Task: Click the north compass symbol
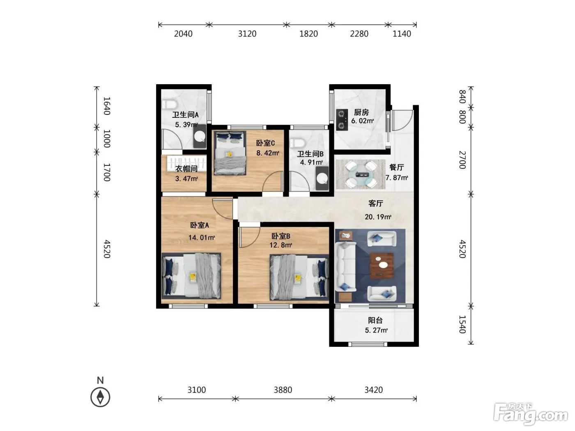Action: pos(100,397)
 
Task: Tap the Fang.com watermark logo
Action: pos(531,413)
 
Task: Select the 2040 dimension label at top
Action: pos(183,34)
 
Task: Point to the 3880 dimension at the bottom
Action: pos(283,390)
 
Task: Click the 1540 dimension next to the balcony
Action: pos(462,324)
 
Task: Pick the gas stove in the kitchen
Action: pos(342,119)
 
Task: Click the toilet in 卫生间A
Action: pos(170,104)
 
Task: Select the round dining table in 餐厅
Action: pos(361,174)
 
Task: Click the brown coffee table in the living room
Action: pos(382,265)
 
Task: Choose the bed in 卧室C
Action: pos(230,153)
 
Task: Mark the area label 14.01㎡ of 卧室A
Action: pos(201,237)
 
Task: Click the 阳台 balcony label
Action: pos(375,320)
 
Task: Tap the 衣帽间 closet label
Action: pos(186,169)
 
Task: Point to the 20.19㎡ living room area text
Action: pos(378,217)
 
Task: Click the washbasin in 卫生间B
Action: pos(322,179)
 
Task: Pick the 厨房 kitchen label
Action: pos(361,112)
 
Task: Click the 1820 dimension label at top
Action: pos(308,34)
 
